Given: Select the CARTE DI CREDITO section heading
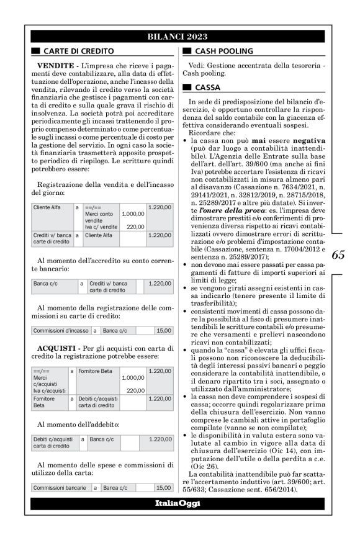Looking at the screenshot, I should coord(78,50).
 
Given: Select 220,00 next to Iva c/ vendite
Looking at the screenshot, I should coord(135,227).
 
